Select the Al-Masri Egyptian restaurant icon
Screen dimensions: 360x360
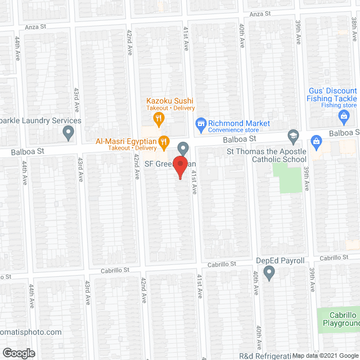click(x=164, y=141)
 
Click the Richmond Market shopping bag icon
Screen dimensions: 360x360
click(x=200, y=123)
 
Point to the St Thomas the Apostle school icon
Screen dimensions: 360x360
click(x=293, y=136)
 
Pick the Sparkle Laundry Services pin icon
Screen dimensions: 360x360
click(x=69, y=133)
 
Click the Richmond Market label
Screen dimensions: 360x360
click(x=239, y=123)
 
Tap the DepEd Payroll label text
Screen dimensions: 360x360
click(x=280, y=260)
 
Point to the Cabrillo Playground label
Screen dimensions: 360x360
click(x=340, y=319)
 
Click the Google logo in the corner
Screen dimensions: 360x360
click(x=18, y=353)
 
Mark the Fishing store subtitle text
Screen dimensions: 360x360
click(x=339, y=105)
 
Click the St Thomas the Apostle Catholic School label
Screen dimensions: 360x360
click(x=267, y=156)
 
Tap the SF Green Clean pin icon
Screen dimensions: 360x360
click(x=183, y=148)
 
